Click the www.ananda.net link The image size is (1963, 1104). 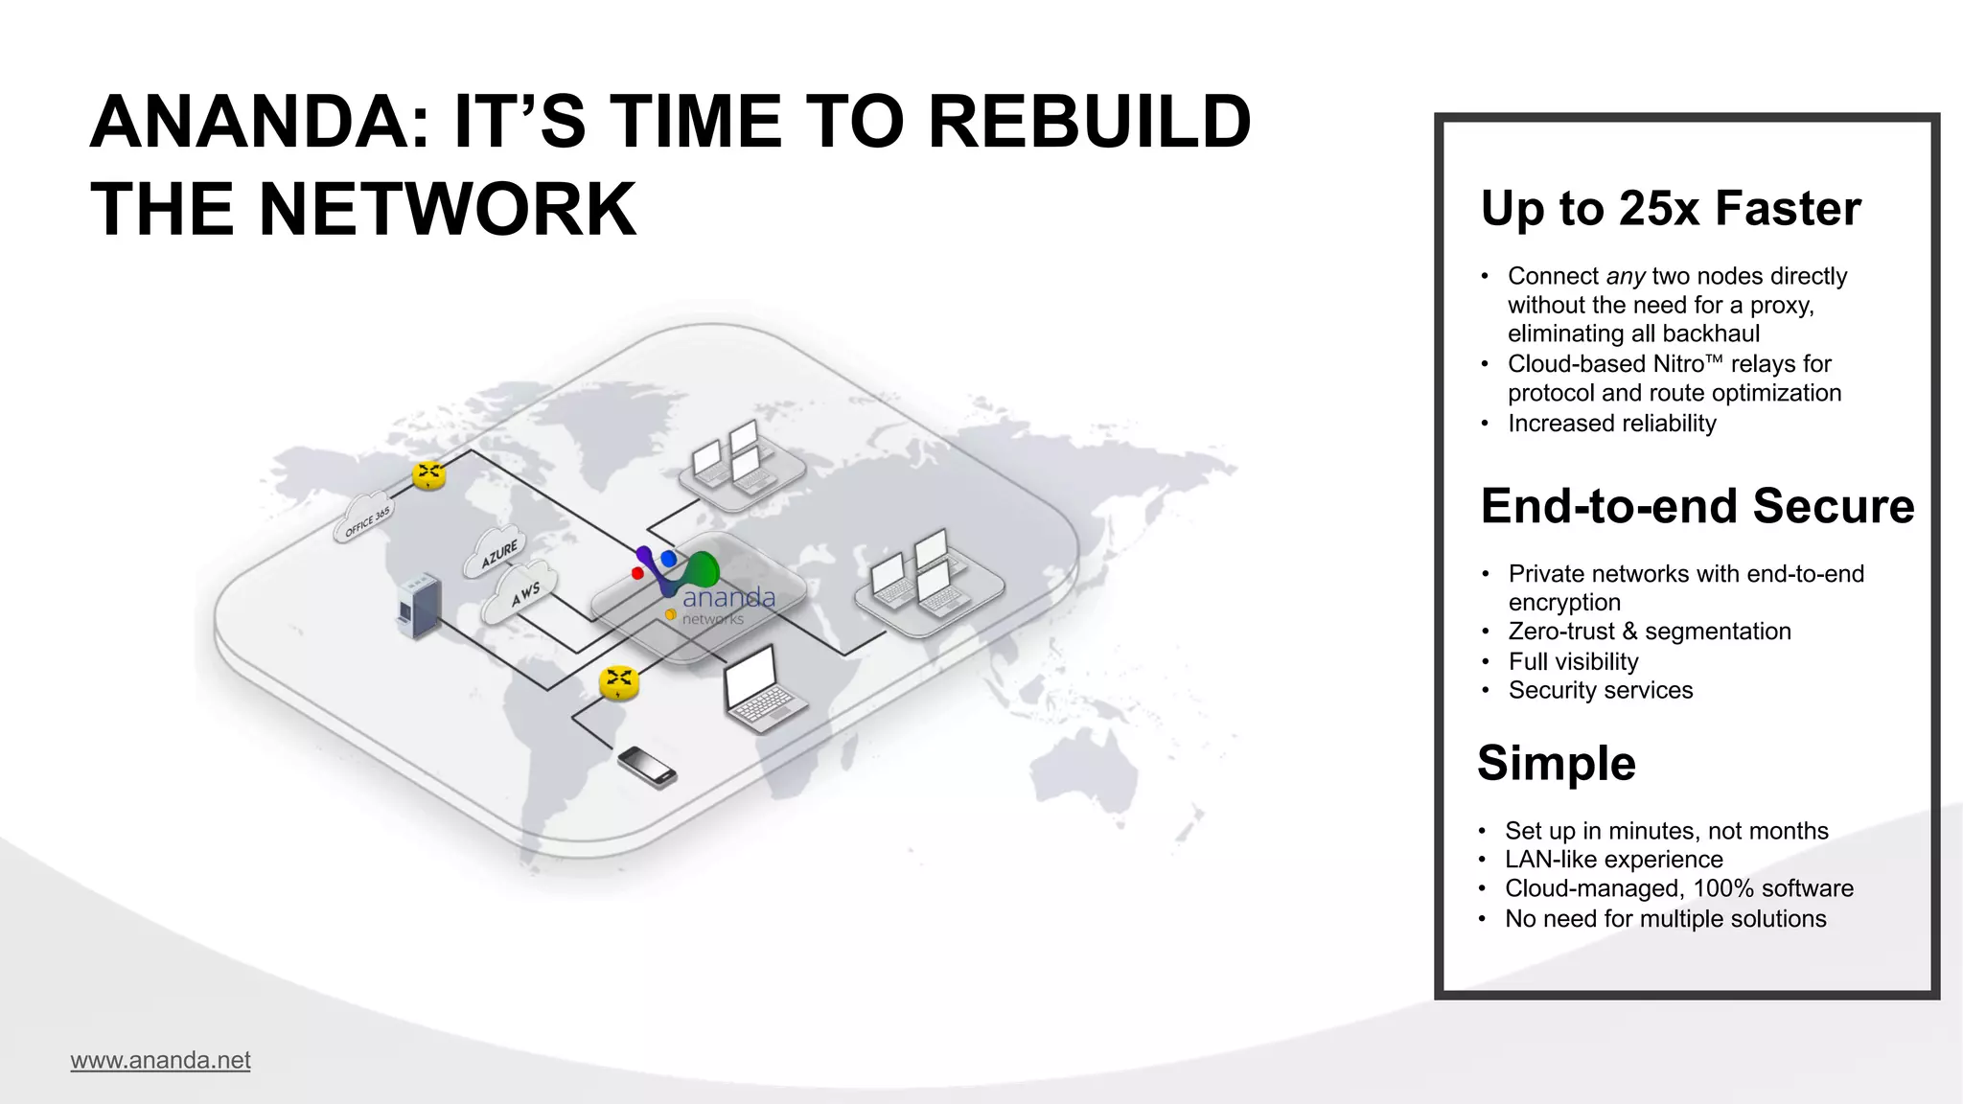coord(160,1060)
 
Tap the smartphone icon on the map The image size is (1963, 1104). coord(647,767)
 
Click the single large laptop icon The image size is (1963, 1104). coord(761,690)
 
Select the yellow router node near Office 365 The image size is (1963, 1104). coord(428,473)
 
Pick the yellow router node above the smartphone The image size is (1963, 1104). coord(619,682)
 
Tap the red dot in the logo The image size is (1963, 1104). coord(637,573)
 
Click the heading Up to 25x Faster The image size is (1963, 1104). coord(1670,208)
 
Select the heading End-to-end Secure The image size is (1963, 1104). coord(1697,506)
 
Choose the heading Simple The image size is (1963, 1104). coord(1556,763)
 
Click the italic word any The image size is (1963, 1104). coord(1626,277)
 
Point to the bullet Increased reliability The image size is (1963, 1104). coord(1611,424)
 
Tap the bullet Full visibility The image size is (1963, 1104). coord(1573,661)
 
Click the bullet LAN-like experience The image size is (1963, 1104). coord(1613,860)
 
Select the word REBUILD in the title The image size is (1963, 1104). coord(1089,123)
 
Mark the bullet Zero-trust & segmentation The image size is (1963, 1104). coord(1649,632)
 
